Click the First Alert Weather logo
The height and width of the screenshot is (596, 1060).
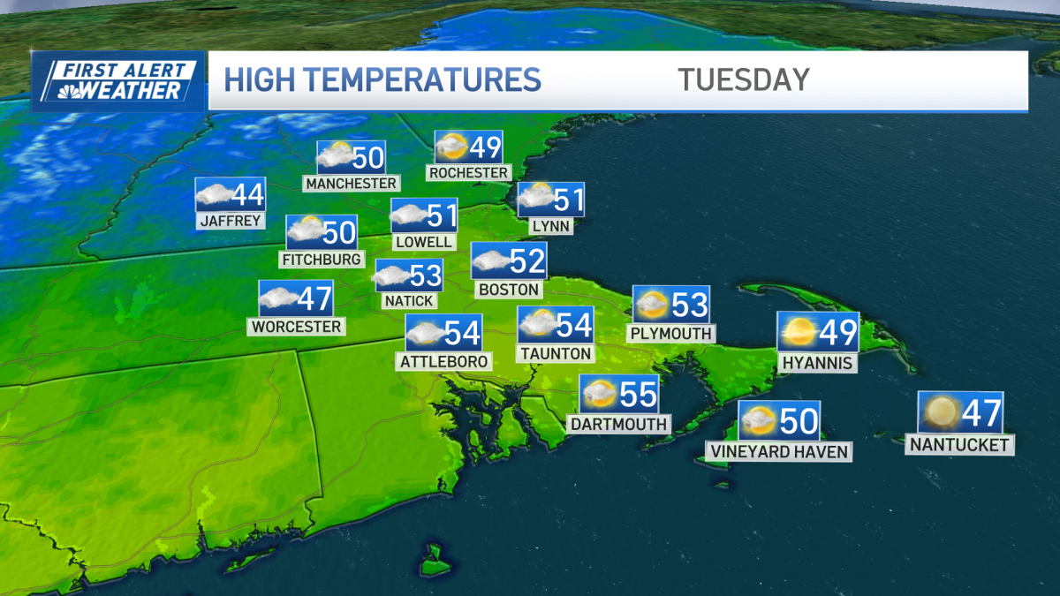click(118, 81)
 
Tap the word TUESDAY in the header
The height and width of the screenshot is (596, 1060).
click(744, 79)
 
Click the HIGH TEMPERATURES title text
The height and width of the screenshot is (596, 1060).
click(382, 79)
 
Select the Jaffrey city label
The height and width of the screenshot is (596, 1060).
click(231, 220)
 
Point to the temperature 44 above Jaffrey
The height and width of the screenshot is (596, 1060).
click(247, 194)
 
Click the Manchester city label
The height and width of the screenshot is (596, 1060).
click(351, 183)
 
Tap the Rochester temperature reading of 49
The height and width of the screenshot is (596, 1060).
click(485, 147)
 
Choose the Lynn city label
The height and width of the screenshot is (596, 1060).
click(551, 226)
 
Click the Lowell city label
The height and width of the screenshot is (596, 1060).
click(424, 241)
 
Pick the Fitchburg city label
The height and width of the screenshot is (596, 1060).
click(321, 259)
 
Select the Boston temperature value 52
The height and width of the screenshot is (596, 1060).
click(527, 260)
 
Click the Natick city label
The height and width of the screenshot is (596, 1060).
click(408, 300)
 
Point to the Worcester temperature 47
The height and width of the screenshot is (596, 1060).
click(314, 298)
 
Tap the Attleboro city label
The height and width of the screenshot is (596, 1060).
click(443, 360)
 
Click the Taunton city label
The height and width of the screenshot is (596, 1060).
click(556, 352)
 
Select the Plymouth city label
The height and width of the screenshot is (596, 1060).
click(670, 333)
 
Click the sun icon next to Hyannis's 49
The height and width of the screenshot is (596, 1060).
click(798, 330)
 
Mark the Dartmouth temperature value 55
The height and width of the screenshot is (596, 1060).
click(639, 394)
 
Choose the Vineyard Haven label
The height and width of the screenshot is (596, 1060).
click(778, 451)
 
